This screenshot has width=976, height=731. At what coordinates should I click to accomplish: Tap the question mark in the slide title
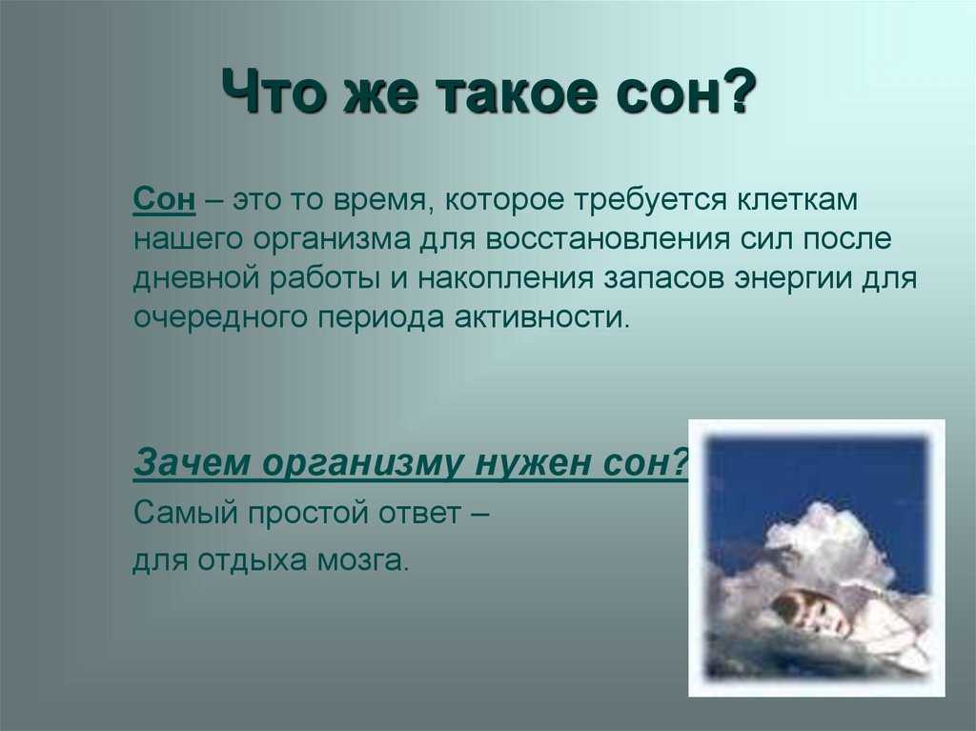pyautogui.click(x=739, y=91)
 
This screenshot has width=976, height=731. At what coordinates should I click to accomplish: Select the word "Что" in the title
pyautogui.click(x=274, y=92)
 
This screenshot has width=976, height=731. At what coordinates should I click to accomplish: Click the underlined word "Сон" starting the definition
pyautogui.click(x=164, y=200)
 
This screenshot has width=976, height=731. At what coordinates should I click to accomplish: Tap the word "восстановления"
pyautogui.click(x=607, y=240)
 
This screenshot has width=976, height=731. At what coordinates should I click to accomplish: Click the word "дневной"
pyautogui.click(x=195, y=277)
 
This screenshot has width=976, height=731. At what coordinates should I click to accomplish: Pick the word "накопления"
pyautogui.click(x=505, y=279)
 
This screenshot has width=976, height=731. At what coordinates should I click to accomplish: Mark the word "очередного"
pyautogui.click(x=220, y=317)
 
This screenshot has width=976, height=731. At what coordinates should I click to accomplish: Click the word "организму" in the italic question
pyautogui.click(x=363, y=465)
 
